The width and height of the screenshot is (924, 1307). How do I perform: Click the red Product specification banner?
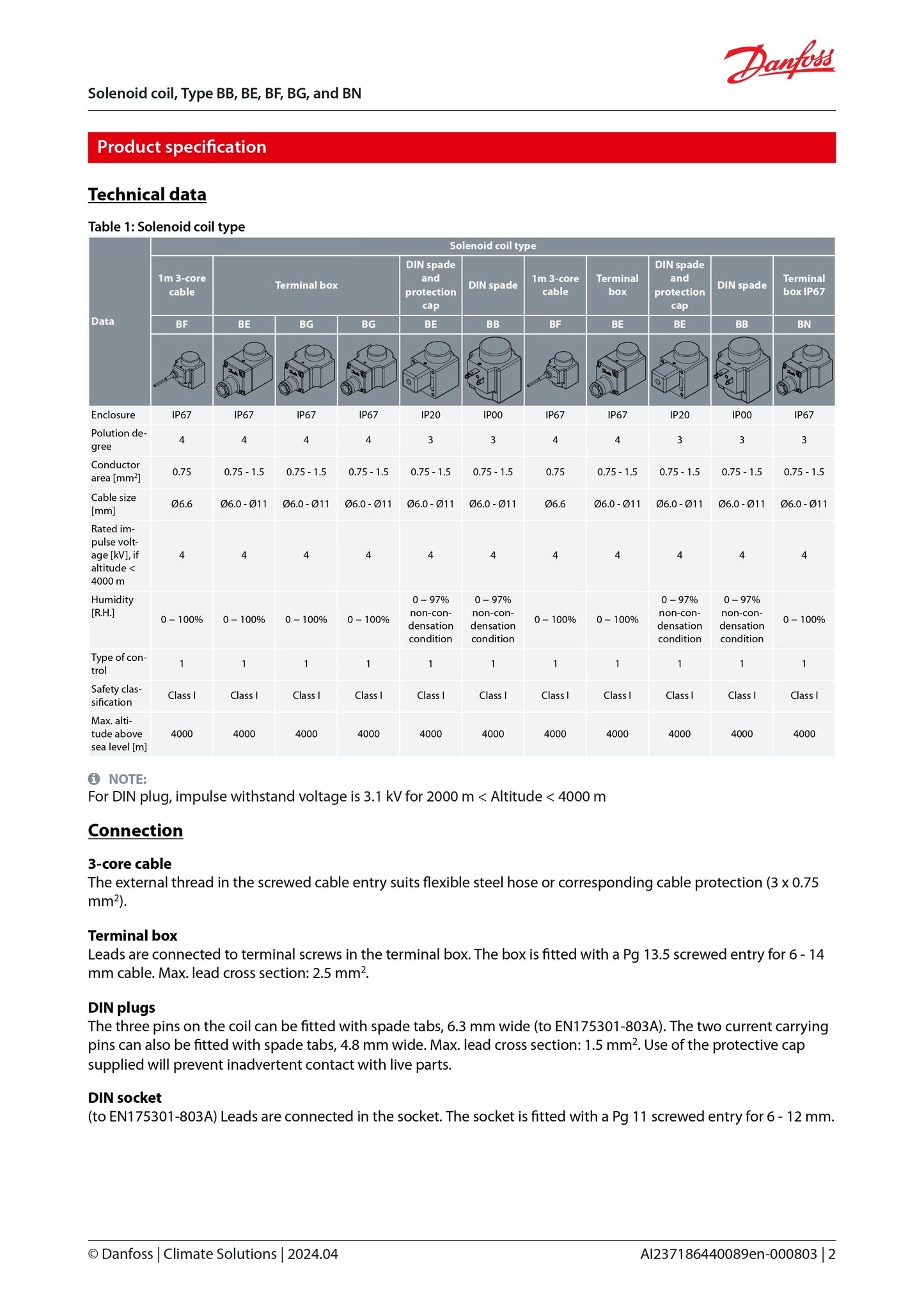[x=461, y=147]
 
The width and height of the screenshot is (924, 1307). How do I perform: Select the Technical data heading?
[x=147, y=194]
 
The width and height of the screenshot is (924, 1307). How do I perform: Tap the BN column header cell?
[x=804, y=324]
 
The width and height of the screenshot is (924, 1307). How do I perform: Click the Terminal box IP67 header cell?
[x=804, y=285]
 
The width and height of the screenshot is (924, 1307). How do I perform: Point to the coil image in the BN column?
[x=804, y=370]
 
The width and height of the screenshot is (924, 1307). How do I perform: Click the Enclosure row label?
[x=113, y=415]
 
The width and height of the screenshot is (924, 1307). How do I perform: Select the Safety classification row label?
[x=116, y=695]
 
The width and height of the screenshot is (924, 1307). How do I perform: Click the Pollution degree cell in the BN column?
[x=804, y=440]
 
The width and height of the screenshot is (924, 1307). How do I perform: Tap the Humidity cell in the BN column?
[x=804, y=619]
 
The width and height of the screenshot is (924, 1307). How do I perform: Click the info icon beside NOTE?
[x=94, y=779]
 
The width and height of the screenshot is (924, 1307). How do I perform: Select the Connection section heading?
[x=136, y=830]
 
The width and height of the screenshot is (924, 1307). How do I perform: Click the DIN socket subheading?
[x=125, y=1098]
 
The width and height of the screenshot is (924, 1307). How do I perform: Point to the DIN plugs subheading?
[x=121, y=1008]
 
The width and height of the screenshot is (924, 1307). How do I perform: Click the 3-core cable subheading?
[x=130, y=864]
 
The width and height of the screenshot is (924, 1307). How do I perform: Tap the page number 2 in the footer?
[x=831, y=1254]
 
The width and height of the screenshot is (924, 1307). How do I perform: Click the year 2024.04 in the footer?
[x=313, y=1254]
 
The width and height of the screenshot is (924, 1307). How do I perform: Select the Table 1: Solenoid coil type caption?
[x=166, y=226]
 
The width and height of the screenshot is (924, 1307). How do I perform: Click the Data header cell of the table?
[x=103, y=321]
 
